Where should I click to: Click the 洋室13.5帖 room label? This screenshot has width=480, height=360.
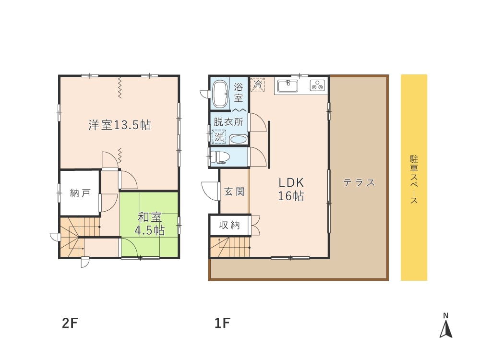[x=120, y=125]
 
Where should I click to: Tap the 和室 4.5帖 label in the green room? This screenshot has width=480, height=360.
[x=149, y=223]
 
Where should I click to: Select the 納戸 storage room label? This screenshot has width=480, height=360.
[x=80, y=193]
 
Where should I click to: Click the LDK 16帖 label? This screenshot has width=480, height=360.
[x=292, y=189]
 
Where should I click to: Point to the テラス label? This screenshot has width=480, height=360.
[x=359, y=182]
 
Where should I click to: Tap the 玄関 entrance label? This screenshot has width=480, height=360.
[x=234, y=192]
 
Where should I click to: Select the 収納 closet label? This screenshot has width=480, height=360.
[x=229, y=225]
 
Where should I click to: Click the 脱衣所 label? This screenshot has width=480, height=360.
[x=228, y=122]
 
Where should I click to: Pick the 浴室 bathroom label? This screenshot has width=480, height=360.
[x=239, y=92]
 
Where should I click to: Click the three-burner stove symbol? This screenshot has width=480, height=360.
[x=317, y=86]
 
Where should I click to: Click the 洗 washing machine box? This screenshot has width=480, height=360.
[x=218, y=137]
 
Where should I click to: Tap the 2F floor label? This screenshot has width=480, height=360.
[x=70, y=323]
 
